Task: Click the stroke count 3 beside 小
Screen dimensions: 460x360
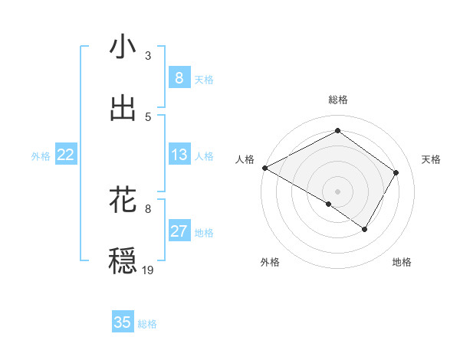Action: click(148, 56)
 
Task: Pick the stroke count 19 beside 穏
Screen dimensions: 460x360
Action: click(149, 270)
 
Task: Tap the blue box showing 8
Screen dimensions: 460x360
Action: click(179, 78)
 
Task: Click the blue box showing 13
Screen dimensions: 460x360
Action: click(179, 155)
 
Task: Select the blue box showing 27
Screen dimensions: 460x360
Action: click(179, 231)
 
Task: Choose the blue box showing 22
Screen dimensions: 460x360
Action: click(66, 155)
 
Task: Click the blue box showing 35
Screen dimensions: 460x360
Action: click(123, 322)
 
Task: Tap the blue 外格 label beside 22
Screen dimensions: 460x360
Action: click(41, 156)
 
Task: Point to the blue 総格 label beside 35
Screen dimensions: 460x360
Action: click(147, 324)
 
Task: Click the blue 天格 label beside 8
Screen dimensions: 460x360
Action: click(204, 80)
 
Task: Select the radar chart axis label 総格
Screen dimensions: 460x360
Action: click(337, 100)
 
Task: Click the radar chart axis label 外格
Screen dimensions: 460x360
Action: click(270, 263)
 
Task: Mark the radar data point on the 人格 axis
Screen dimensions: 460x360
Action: click(264, 168)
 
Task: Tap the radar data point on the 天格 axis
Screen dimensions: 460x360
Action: click(396, 172)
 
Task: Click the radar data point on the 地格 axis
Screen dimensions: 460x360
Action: click(365, 229)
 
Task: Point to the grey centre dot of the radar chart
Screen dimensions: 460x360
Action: click(337, 191)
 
